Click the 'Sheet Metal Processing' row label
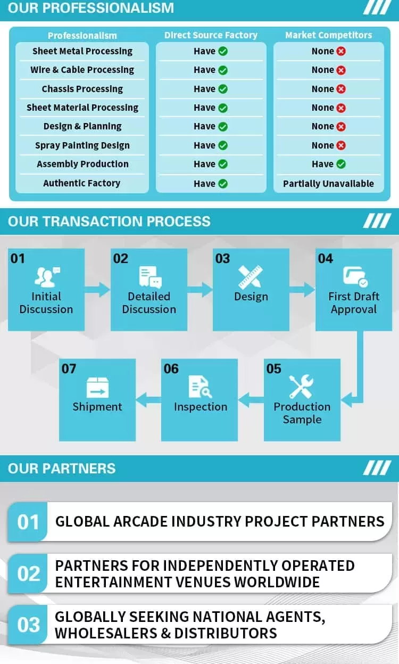[x=82, y=51]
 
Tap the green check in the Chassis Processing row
[x=223, y=89]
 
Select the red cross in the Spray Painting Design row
[x=341, y=145]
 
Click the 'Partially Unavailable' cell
[x=328, y=184]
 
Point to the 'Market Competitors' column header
[x=328, y=35]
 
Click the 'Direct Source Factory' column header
[x=211, y=35]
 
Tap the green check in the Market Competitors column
[x=341, y=164]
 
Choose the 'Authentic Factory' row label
[x=82, y=183]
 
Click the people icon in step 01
[x=47, y=277]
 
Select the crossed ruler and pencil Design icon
[x=251, y=276]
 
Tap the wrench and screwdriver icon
[x=301, y=386]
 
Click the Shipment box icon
[x=97, y=387]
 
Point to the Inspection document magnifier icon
[x=200, y=387]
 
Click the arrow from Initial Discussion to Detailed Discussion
[x=97, y=290]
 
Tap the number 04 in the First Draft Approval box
[x=325, y=258]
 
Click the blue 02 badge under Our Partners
[x=28, y=573]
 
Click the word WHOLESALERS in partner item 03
[x=106, y=633]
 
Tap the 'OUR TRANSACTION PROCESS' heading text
[x=109, y=222]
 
